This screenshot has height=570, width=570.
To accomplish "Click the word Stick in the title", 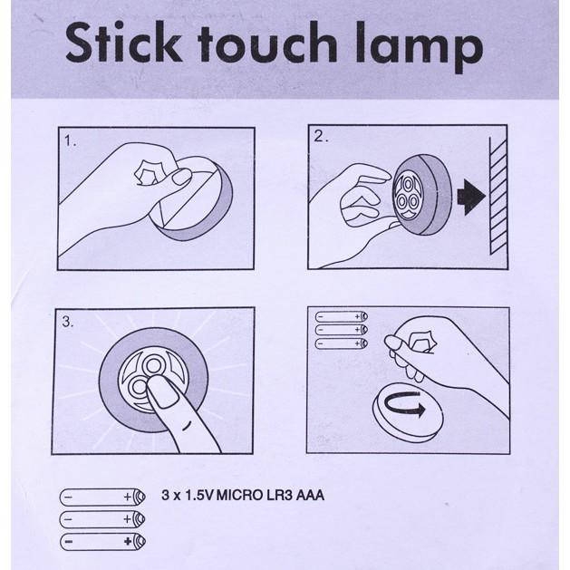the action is [x=123, y=42].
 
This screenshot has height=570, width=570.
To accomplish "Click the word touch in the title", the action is [x=267, y=43].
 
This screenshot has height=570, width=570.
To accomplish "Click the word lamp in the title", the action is [x=420, y=47].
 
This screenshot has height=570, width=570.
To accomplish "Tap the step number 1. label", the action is [x=70, y=140].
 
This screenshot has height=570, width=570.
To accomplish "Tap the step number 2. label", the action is [x=321, y=136].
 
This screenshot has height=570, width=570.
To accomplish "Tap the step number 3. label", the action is [x=68, y=322].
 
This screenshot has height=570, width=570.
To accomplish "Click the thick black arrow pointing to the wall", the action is [x=471, y=197].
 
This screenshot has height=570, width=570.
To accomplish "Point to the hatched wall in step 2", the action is [x=498, y=196].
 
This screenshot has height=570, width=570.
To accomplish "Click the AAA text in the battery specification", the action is [x=310, y=495].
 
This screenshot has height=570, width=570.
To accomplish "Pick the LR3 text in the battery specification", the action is [x=279, y=495].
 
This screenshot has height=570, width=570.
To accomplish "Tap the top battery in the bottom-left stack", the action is [x=102, y=497].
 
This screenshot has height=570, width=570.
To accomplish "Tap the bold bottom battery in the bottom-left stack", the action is [x=102, y=542].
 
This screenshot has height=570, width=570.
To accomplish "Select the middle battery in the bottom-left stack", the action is [x=102, y=519].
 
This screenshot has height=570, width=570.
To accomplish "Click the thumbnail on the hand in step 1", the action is [x=181, y=177].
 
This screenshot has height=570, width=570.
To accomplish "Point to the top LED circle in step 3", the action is [x=153, y=364].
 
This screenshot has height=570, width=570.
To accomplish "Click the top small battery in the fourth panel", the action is [x=341, y=316].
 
